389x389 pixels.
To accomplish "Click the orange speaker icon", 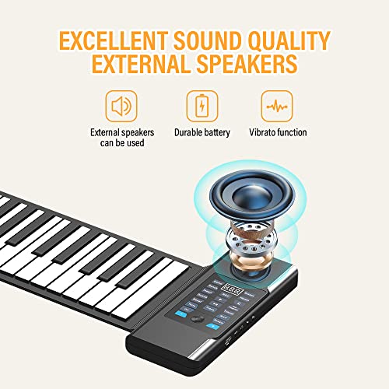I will tap(121, 106).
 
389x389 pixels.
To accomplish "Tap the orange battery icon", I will tap(202, 106).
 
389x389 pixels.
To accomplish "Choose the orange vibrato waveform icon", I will tap(277, 106).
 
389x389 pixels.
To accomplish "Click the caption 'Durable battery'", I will tap(202, 133).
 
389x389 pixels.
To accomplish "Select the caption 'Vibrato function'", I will tap(278, 133).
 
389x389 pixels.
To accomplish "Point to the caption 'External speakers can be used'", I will tap(122, 138).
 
